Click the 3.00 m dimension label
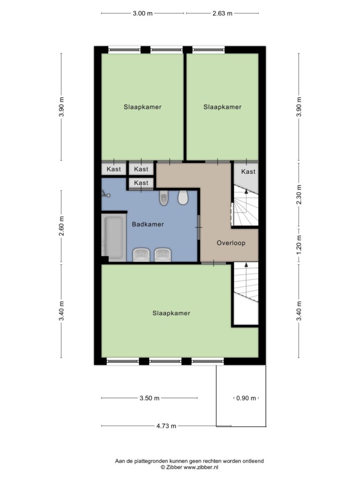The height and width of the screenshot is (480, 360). tap(142, 14)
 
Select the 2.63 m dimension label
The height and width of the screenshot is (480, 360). tap(223, 14)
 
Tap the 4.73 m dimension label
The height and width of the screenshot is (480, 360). tap(166, 426)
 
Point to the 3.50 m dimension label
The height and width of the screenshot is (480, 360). tap(150, 398)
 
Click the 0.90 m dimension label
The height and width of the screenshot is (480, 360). tap(246, 398)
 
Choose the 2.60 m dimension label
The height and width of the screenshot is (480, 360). tap(62, 226)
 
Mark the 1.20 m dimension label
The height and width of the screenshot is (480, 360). tap(300, 244)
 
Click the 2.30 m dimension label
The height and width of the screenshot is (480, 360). tap(300, 195)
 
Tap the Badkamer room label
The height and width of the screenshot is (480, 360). tap(148, 225)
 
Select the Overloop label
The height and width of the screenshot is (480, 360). tap(231, 243)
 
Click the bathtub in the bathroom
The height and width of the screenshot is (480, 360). tap(113, 237)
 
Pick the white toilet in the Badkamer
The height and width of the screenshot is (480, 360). tap(183, 197)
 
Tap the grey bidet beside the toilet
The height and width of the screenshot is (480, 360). tap(164, 198)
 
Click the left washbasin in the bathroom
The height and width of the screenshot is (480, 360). tap(141, 255)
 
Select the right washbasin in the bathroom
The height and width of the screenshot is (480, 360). tap(163, 255)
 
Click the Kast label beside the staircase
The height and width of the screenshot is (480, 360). tap(248, 172)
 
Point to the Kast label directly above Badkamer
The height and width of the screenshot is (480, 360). tap(141, 183)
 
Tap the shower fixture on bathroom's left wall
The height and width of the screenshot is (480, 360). tap(105, 194)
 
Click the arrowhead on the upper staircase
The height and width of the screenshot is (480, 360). tap(246, 192)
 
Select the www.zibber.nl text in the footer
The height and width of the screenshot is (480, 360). tap(201, 467)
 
